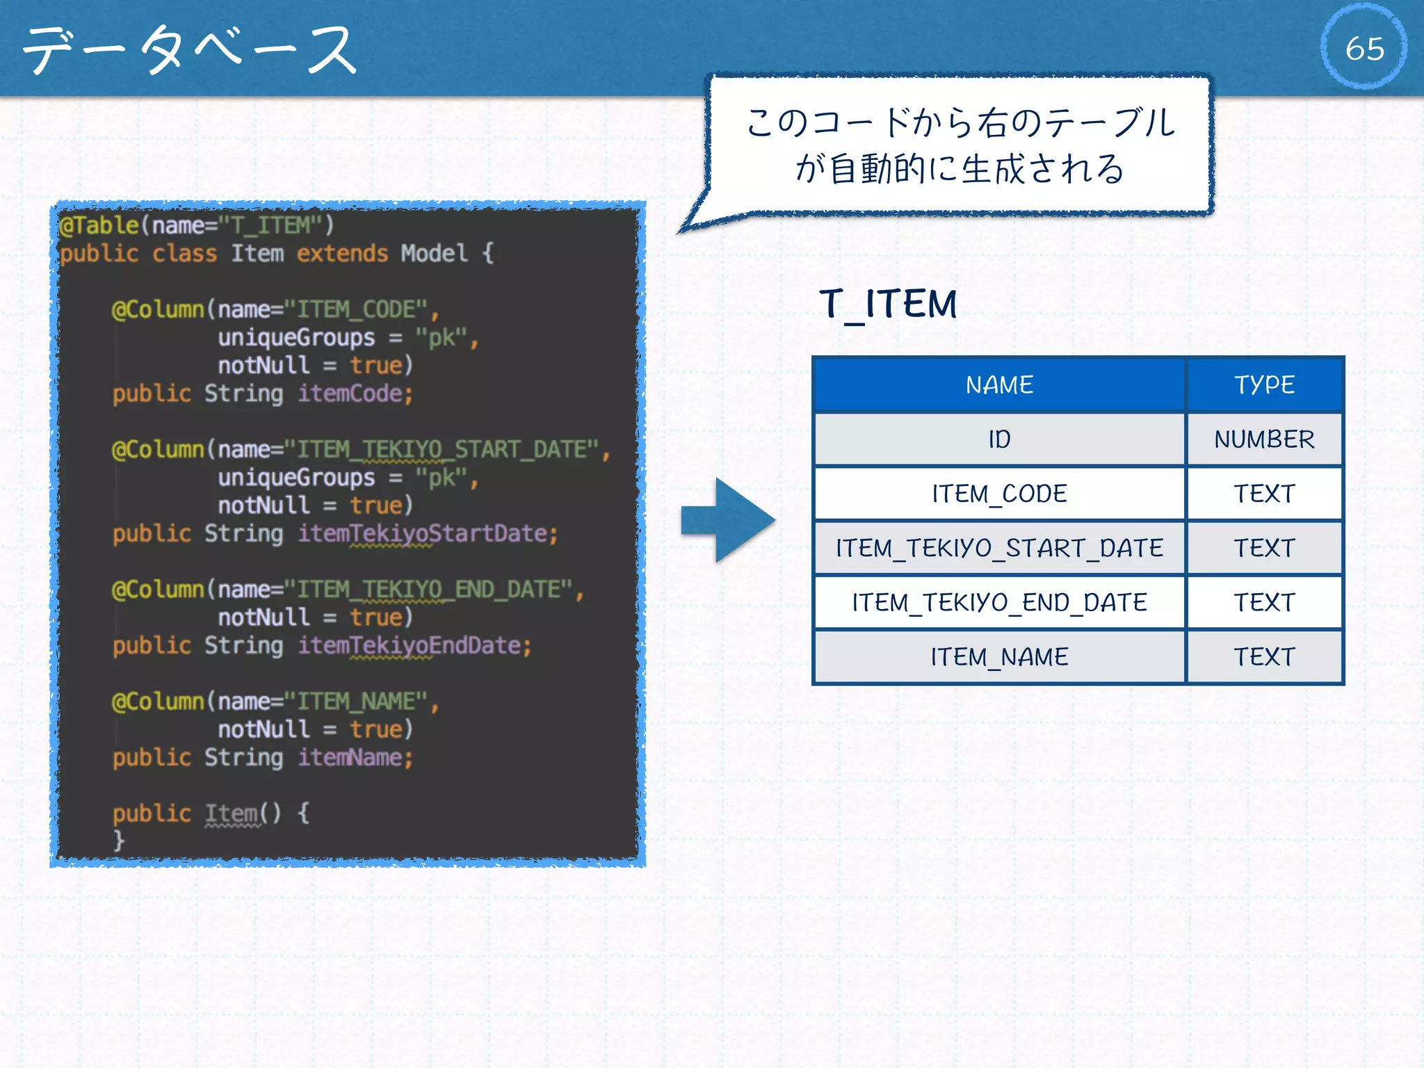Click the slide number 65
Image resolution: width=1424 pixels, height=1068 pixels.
point(1364,48)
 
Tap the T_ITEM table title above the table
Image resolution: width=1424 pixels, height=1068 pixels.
point(888,305)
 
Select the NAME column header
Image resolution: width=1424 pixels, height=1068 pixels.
point(999,385)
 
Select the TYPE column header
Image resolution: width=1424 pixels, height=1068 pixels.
point(1264,385)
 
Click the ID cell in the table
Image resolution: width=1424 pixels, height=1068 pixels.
point(999,439)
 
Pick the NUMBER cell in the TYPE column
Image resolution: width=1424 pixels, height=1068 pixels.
point(1264,439)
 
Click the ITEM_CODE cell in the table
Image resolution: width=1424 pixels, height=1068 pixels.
point(999,494)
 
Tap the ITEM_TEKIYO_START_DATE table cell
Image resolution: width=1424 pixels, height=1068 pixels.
point(999,548)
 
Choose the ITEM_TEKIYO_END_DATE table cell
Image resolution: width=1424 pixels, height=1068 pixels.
point(999,602)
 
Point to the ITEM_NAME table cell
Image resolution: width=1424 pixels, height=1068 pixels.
point(999,657)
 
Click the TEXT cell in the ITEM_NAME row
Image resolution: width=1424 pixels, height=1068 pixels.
point(1264,657)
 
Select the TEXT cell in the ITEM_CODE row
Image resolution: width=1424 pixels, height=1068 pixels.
point(1264,494)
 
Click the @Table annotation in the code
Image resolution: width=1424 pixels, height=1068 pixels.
point(99,225)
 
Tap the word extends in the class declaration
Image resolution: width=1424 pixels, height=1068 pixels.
point(342,254)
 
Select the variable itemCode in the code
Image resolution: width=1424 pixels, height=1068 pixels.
point(355,394)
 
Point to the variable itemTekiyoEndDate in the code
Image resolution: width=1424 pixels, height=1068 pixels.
point(414,646)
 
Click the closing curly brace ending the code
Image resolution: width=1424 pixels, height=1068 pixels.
point(119,841)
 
